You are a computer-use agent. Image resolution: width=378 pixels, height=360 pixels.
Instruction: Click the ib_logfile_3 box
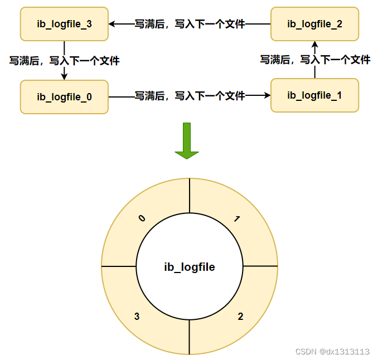64,24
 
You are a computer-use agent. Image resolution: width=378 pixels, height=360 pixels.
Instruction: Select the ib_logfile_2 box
314,24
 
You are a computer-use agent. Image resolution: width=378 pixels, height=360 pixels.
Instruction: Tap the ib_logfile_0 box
64,97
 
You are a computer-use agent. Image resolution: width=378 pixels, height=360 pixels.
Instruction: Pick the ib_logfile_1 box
314,95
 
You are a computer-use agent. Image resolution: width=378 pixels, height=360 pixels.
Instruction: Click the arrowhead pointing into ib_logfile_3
112,24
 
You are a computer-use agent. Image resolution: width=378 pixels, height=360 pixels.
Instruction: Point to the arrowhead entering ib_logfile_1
268,95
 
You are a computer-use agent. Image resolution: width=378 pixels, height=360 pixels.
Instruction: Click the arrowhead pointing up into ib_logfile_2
314,45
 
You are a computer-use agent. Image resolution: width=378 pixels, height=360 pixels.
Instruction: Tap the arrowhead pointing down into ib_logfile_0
64,76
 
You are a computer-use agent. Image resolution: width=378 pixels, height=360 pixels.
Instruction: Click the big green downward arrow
187,141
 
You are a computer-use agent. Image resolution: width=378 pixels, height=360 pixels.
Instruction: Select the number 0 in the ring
142,218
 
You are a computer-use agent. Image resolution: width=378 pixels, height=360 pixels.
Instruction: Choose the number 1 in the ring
237,218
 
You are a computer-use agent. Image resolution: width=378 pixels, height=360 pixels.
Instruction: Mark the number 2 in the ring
240,317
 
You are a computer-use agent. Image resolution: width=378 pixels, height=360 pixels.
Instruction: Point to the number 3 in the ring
137,317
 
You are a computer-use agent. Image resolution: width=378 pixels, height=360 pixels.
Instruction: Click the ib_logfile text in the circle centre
190,267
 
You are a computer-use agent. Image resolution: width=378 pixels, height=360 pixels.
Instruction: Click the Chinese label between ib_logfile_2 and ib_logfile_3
190,24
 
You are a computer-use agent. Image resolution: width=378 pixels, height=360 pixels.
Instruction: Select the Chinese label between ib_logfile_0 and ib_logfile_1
190,96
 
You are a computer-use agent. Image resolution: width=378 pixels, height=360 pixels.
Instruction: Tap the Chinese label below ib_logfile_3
64,61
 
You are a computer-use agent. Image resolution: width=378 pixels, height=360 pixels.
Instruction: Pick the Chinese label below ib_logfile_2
315,60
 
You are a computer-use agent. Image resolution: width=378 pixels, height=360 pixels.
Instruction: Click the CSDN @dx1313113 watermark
332,352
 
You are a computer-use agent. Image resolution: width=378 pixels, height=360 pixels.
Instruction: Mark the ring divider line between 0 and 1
190,196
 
